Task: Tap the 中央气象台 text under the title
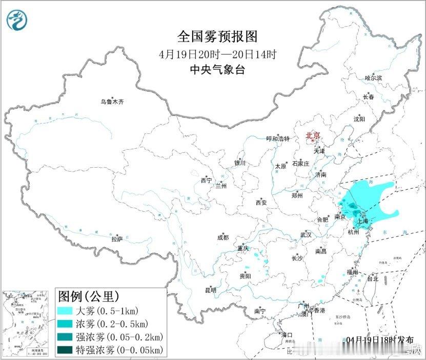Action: (x=217, y=70)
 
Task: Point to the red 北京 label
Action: (x=313, y=136)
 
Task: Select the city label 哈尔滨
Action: (x=373, y=78)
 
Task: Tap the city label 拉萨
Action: (x=117, y=239)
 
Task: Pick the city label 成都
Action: (x=223, y=237)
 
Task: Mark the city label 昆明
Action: (x=211, y=290)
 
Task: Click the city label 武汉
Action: (x=306, y=235)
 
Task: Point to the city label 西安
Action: (x=261, y=203)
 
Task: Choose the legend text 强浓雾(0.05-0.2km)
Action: (x=119, y=337)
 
